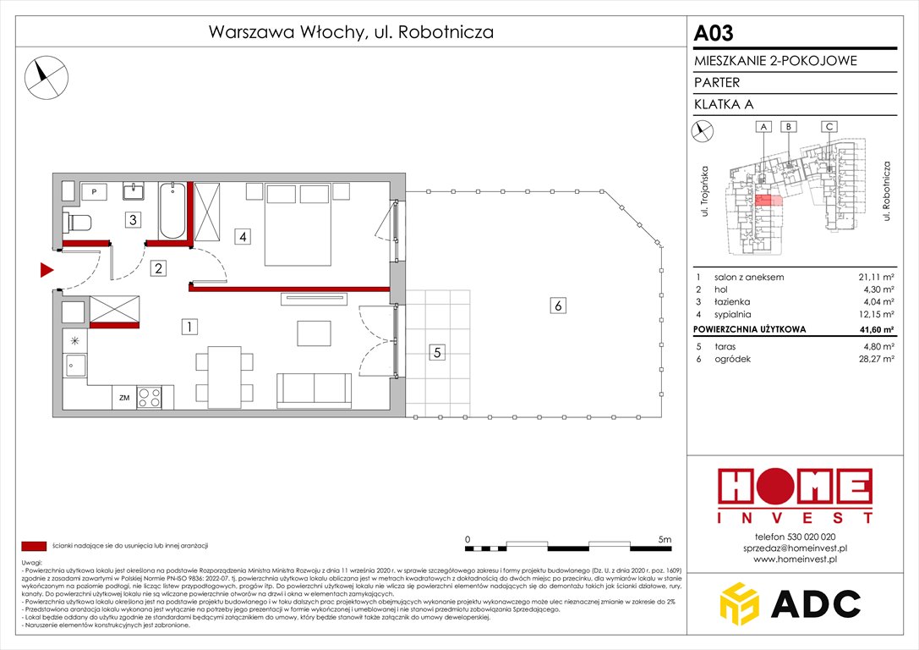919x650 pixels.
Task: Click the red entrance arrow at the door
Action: [46, 270]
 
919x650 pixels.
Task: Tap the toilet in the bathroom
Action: [79, 223]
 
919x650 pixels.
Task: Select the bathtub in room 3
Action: [172, 212]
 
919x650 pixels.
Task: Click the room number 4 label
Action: [243, 237]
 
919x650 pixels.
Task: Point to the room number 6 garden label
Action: [557, 306]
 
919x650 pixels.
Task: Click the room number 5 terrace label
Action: [436, 353]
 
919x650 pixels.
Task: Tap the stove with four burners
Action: [149, 396]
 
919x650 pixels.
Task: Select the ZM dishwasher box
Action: [123, 396]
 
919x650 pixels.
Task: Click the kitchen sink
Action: [74, 367]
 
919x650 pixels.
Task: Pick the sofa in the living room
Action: [315, 388]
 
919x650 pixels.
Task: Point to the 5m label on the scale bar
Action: [664, 539]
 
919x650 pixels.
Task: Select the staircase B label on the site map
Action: [788, 127]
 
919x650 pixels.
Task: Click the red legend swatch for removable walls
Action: [34, 546]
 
